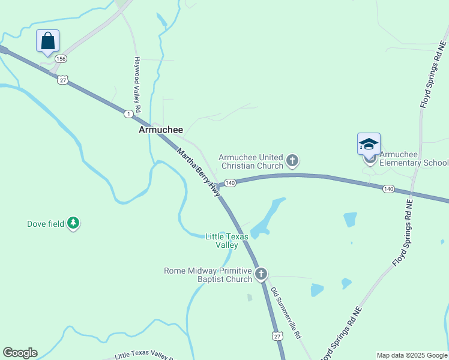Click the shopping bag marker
(x=47, y=41)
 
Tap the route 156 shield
(x=61, y=59)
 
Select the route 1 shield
(x=128, y=113)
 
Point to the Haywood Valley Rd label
(x=137, y=85)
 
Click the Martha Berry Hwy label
(x=198, y=172)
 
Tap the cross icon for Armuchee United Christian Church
(x=292, y=160)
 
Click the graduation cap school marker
(x=369, y=144)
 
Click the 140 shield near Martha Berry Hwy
(x=231, y=182)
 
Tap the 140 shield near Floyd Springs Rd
(x=388, y=189)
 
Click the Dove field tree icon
(x=73, y=224)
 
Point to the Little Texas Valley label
(x=226, y=241)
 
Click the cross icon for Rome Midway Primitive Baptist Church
(x=261, y=275)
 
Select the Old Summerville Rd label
(x=285, y=313)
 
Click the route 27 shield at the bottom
(x=276, y=336)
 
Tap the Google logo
(x=20, y=353)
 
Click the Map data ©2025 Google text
(x=412, y=355)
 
